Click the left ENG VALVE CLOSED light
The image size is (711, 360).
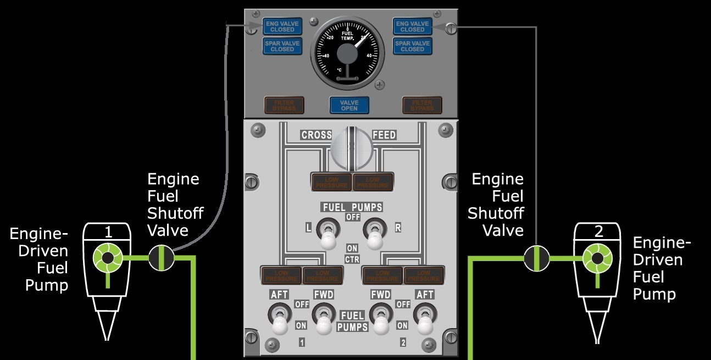(x=282, y=26)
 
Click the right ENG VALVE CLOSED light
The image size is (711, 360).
(x=412, y=26)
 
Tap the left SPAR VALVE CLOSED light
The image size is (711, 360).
(x=282, y=46)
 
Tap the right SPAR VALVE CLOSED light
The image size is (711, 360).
(x=412, y=46)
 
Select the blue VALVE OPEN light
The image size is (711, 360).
(x=349, y=105)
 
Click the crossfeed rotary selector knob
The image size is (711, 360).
(x=352, y=147)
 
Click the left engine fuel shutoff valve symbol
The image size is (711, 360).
(x=162, y=257)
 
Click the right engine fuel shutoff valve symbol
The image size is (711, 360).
(x=536, y=258)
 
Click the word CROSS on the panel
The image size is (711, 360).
(x=316, y=135)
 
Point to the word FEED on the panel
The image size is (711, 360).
(x=384, y=135)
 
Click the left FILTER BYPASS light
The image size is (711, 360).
(x=284, y=105)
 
